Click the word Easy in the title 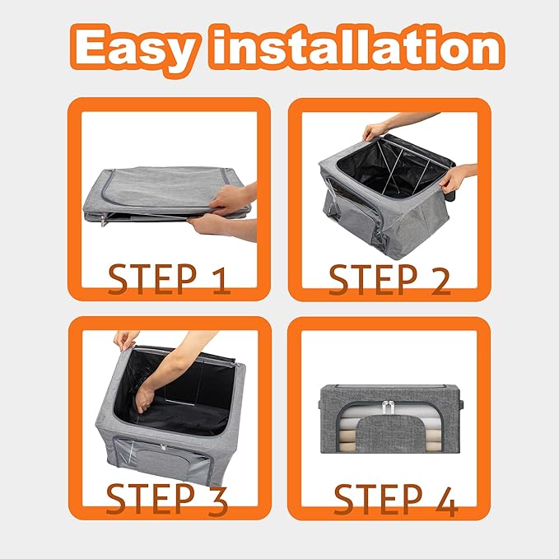click(x=136, y=48)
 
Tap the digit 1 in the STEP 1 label click(x=221, y=281)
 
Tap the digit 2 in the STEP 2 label click(x=440, y=281)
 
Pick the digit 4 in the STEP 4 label click(x=446, y=501)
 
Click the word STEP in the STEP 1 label click(x=152, y=280)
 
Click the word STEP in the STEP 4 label click(x=378, y=499)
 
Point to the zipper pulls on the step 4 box click(x=389, y=408)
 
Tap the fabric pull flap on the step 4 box click(x=390, y=434)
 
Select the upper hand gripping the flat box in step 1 click(x=231, y=199)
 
